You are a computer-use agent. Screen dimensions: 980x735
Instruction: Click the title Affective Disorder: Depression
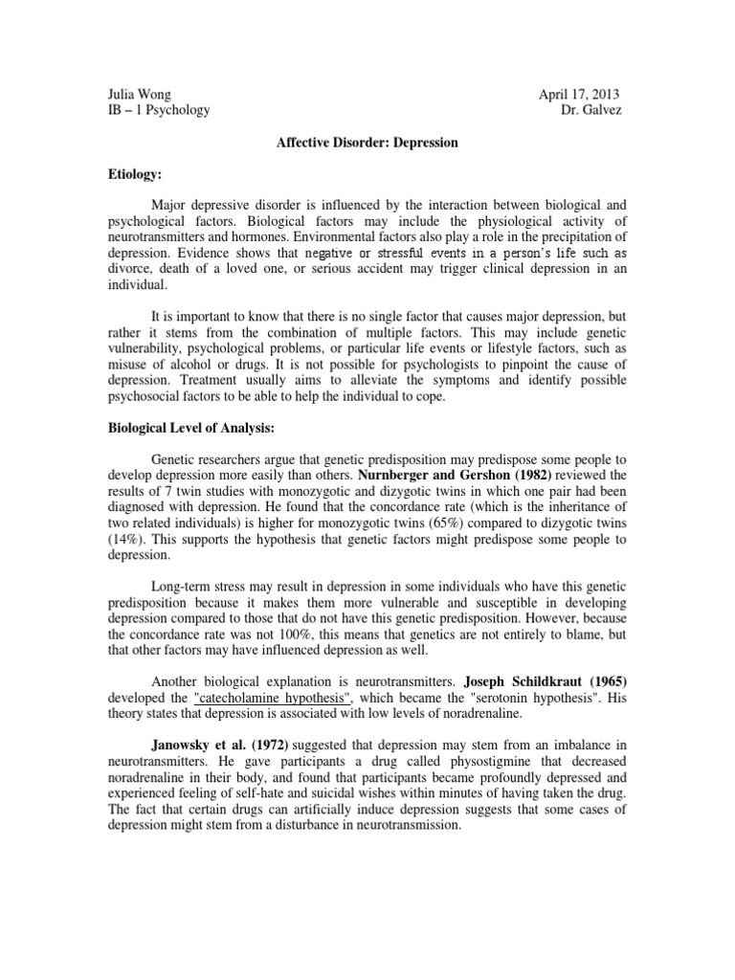pos(367,143)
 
